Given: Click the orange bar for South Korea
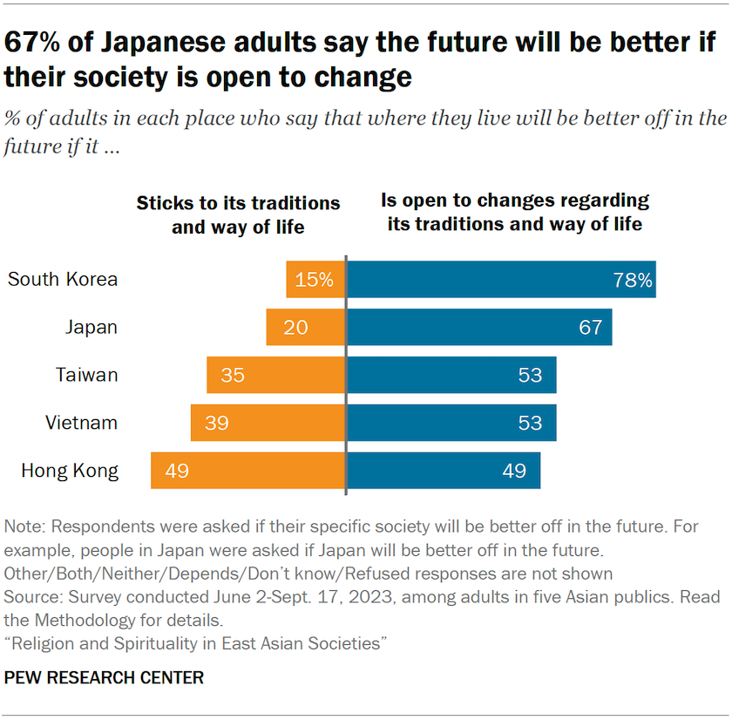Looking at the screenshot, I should pos(315,280).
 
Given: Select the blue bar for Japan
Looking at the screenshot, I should pos(478,327).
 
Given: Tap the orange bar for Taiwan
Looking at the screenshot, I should pos(276,375).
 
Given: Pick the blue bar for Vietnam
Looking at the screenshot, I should pos(451,423).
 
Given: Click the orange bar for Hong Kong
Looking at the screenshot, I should pos(248,471).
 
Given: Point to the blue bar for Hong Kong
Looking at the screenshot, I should pos(443,471).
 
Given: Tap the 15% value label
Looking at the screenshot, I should pos(314,280).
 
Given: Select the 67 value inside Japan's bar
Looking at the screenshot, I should pos(590,327).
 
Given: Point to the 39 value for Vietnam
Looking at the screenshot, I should pos(216,423).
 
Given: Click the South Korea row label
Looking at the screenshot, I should pos(63,280).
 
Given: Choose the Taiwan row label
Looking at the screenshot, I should pos(87,375).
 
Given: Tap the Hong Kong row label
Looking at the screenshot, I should pos(70,471).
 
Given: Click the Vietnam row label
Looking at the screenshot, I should pos(82,423).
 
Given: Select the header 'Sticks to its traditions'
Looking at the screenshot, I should pos(238,203).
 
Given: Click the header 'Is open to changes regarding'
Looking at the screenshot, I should pos(515,200).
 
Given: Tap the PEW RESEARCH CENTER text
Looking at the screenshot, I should pos(104,677).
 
